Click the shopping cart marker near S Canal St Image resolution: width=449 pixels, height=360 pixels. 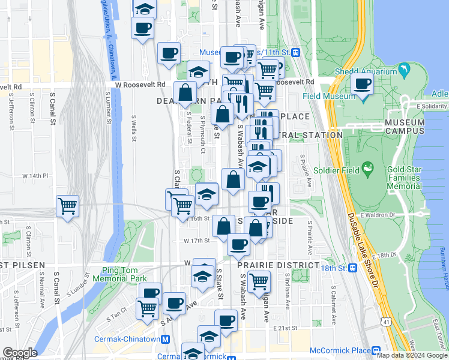tap(67, 206)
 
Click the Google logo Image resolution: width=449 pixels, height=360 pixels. tap(20, 353)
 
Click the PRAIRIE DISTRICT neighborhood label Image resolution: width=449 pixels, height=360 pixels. tap(278, 265)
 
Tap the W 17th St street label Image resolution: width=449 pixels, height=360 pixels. tap(196, 240)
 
